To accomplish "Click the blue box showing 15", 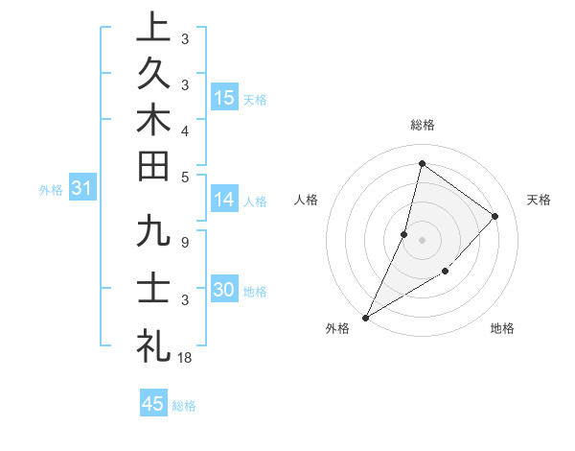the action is tap(224, 97).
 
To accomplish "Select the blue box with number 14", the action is tap(224, 200).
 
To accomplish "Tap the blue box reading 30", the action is tap(224, 290).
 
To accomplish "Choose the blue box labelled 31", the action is tap(81, 189).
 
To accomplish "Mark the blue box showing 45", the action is tap(153, 403).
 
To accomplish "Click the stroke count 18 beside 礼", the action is tap(185, 357).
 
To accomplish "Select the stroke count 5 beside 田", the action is tap(184, 177).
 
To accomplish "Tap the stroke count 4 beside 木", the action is tap(184, 130).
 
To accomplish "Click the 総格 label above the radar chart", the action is tap(422, 125).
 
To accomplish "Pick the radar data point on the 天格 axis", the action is tap(495, 216).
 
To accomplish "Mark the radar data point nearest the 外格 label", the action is tap(366, 317).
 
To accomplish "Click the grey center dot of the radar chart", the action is tap(422, 239).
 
